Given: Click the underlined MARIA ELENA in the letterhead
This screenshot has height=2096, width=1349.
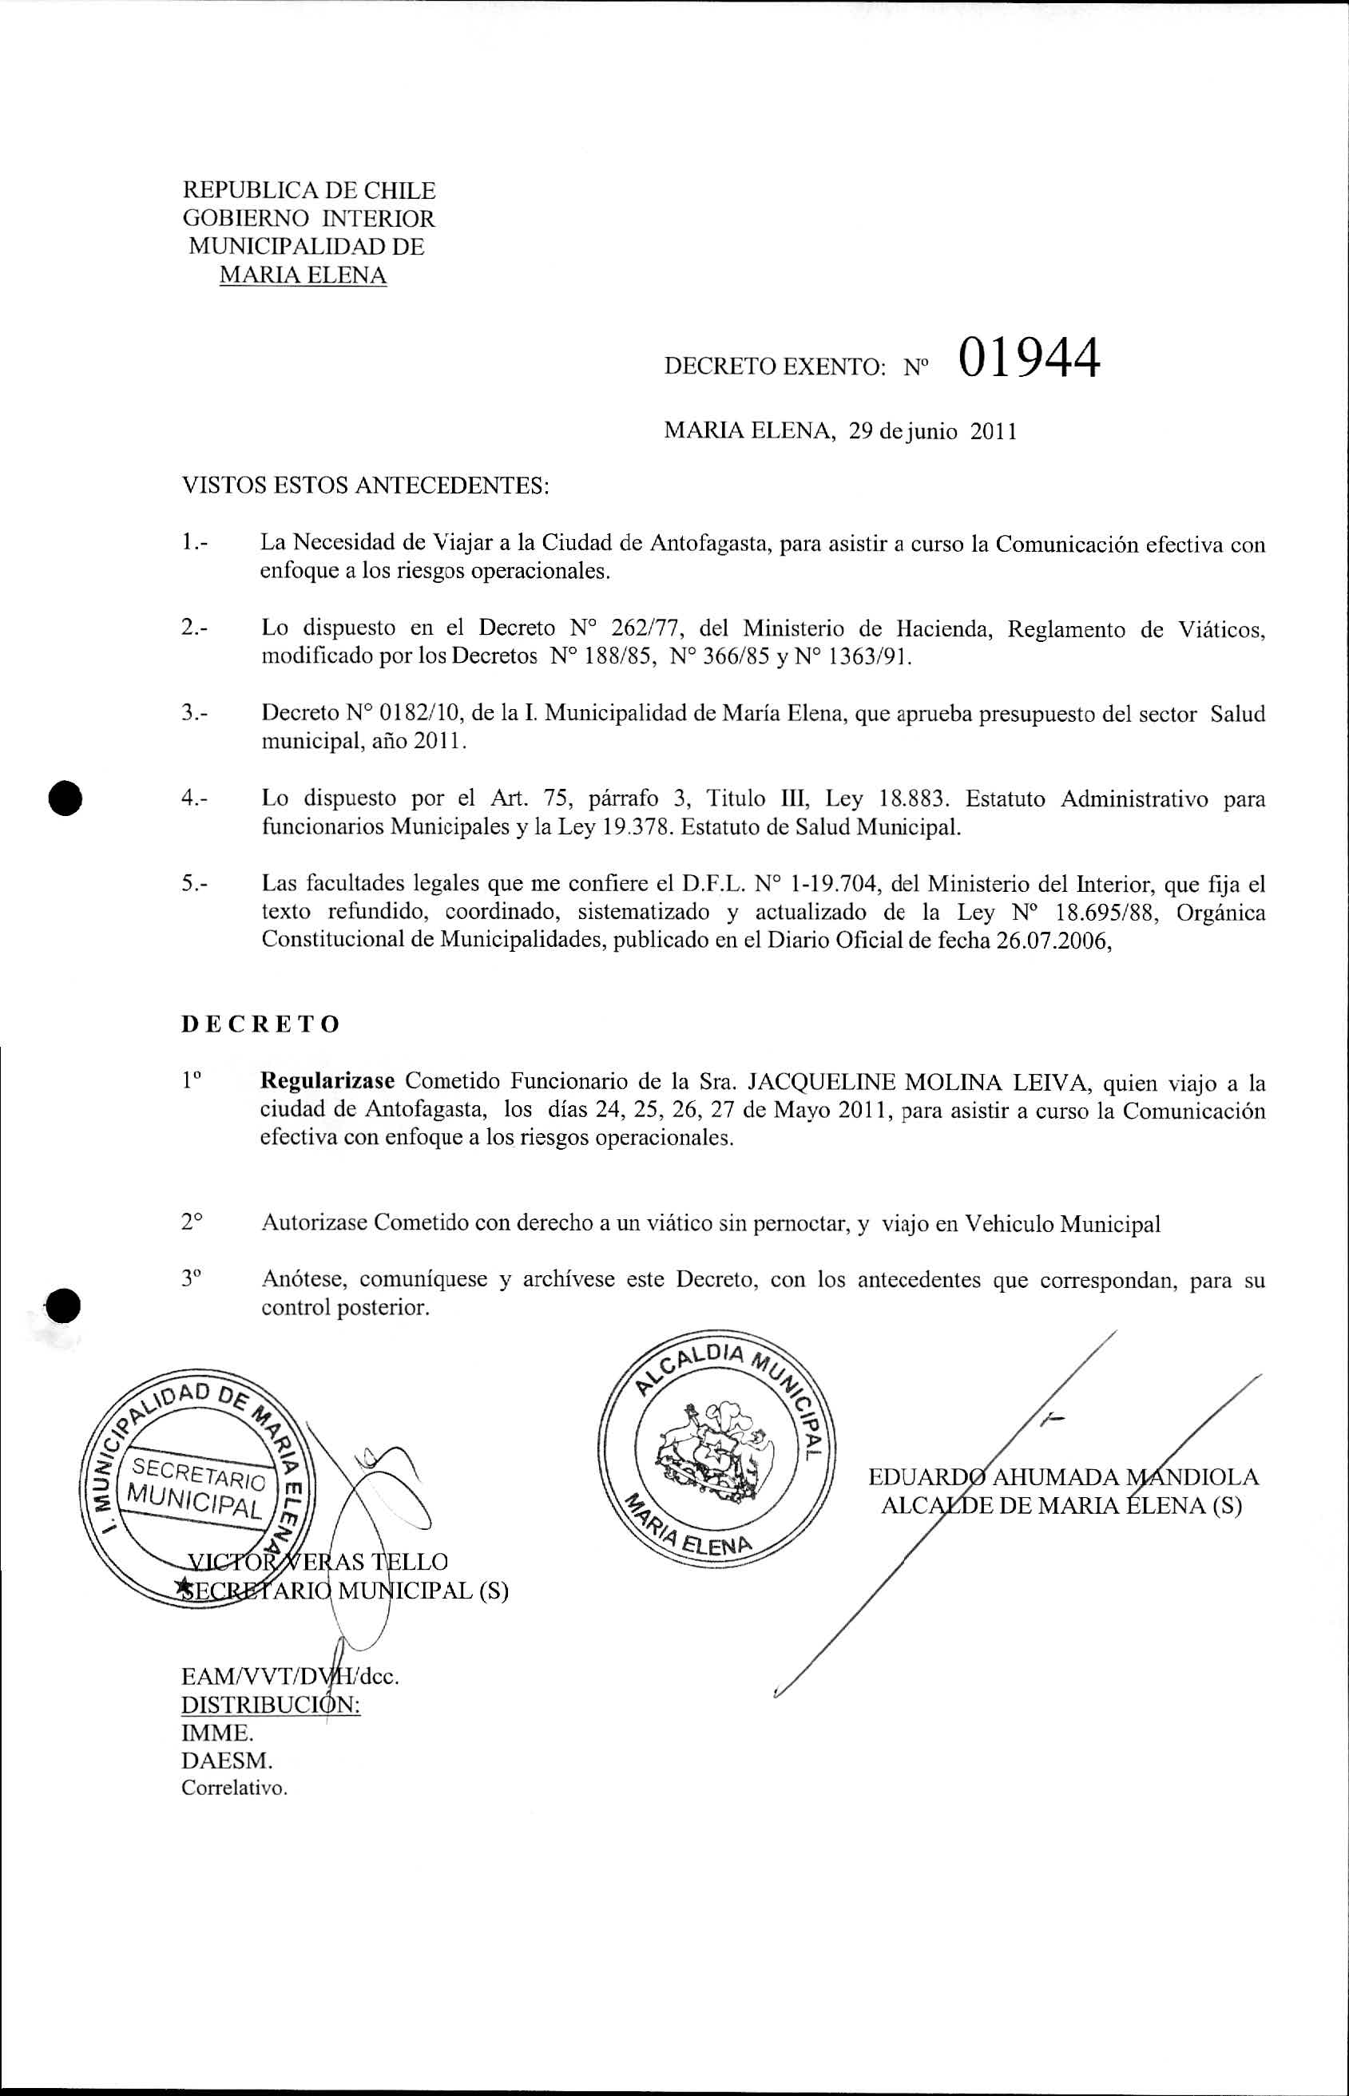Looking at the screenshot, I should coord(302,275).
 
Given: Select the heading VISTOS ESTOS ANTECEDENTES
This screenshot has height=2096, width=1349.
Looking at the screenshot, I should coord(364,486).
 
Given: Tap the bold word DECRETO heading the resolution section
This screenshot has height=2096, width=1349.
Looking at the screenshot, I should coord(260,1024).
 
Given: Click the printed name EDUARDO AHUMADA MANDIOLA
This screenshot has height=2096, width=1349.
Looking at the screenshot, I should coord(1062,1477).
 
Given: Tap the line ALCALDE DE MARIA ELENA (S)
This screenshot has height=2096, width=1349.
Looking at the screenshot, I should coord(1061,1506).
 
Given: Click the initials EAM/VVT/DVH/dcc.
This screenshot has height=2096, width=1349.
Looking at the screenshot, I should coord(290,1677).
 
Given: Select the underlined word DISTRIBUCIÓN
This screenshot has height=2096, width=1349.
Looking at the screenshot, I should coord(271,1705).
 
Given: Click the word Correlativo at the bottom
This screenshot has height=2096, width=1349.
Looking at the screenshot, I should coord(234,1789).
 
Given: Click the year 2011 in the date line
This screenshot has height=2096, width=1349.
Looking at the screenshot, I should coord(994,433).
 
